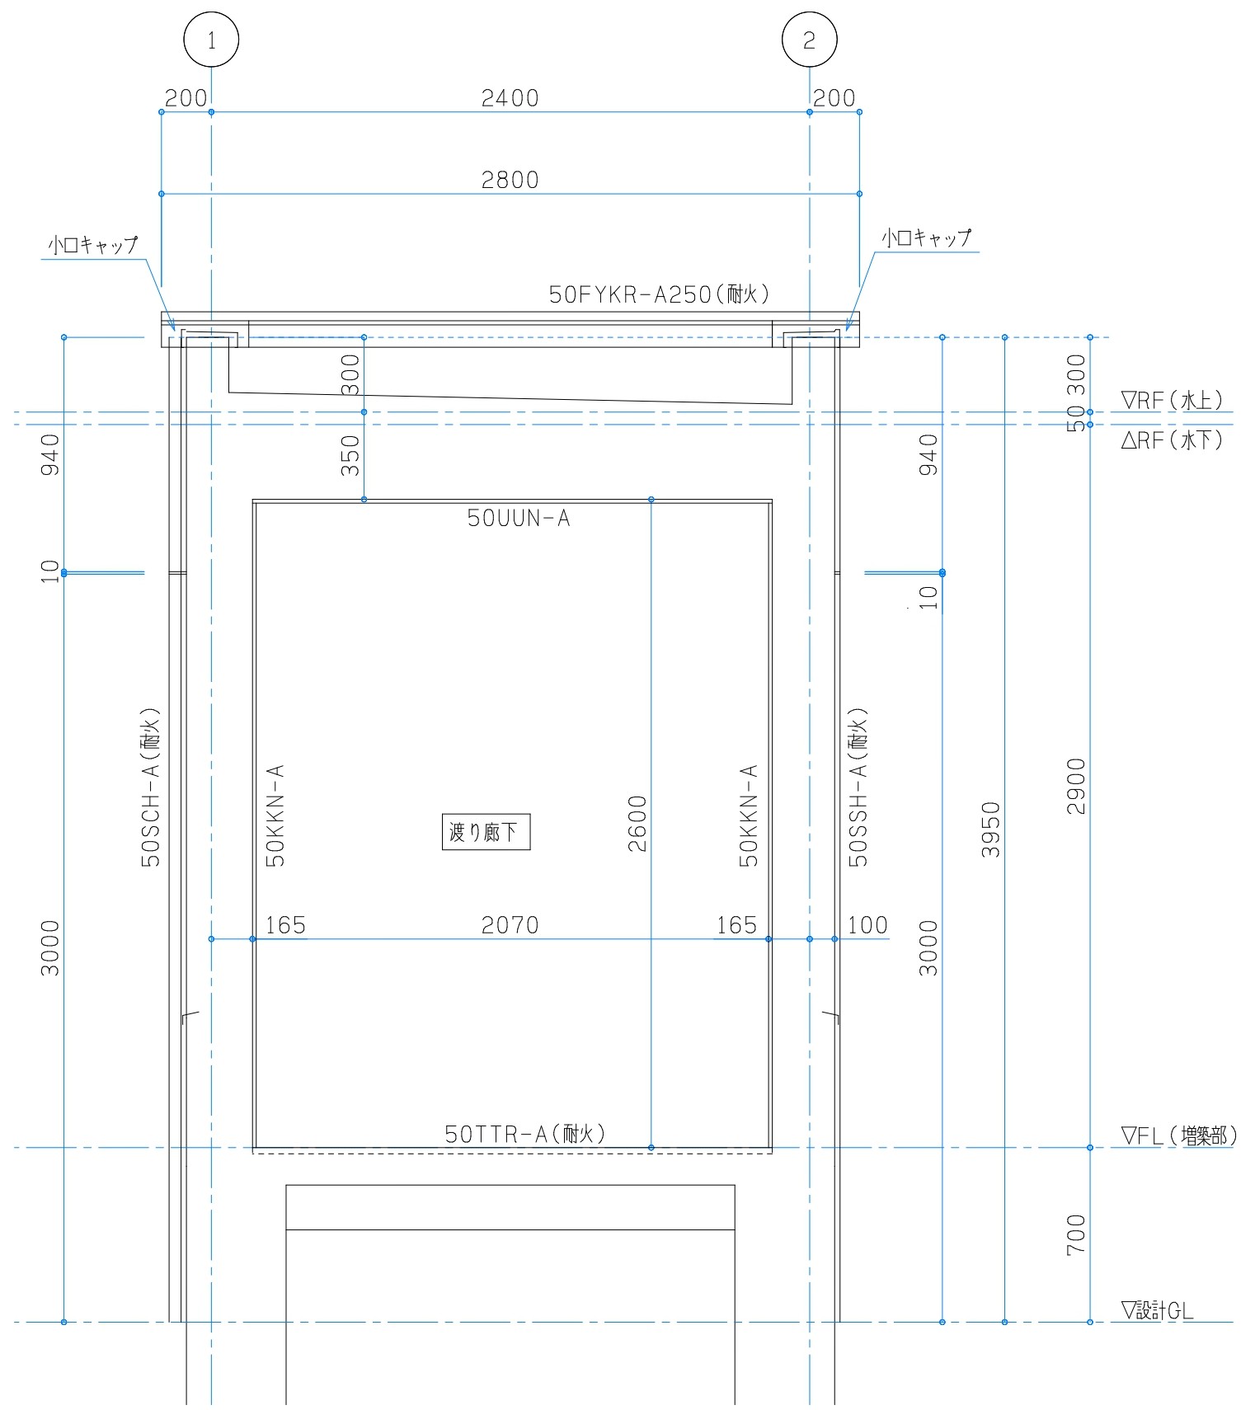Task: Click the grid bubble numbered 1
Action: pos(211,40)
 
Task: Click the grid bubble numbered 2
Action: pos(809,40)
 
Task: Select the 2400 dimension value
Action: pos(510,98)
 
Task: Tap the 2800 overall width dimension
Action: pos(510,180)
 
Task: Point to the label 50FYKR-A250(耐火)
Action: pos(660,294)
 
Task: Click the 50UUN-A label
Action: pos(519,518)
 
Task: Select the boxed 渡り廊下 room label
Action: pos(486,832)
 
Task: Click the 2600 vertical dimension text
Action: pos(637,823)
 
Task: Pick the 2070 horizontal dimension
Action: pos(510,925)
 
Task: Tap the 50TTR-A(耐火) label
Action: pos(525,1134)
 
